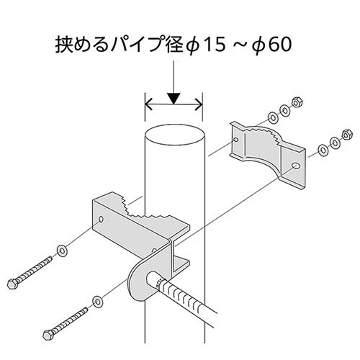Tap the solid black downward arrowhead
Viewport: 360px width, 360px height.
[x=174, y=97]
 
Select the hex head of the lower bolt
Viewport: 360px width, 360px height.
[x=47, y=335]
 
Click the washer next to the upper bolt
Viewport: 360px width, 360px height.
[x=63, y=251]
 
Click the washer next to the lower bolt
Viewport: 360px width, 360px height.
[x=97, y=297]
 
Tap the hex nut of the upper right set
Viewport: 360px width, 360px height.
[x=296, y=102]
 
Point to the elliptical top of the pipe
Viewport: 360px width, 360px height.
[x=174, y=136]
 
